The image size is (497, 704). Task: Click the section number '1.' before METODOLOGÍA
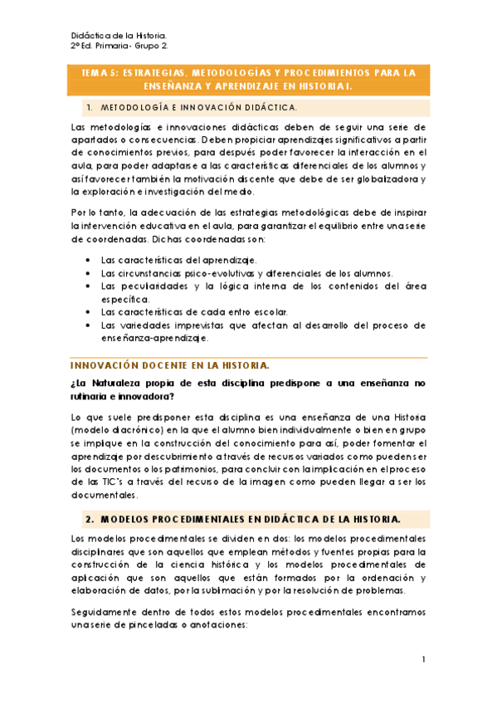90,109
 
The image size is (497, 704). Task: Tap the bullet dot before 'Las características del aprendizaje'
90,261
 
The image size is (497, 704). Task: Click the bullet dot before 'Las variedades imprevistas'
90,325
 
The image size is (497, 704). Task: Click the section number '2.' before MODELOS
90,521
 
